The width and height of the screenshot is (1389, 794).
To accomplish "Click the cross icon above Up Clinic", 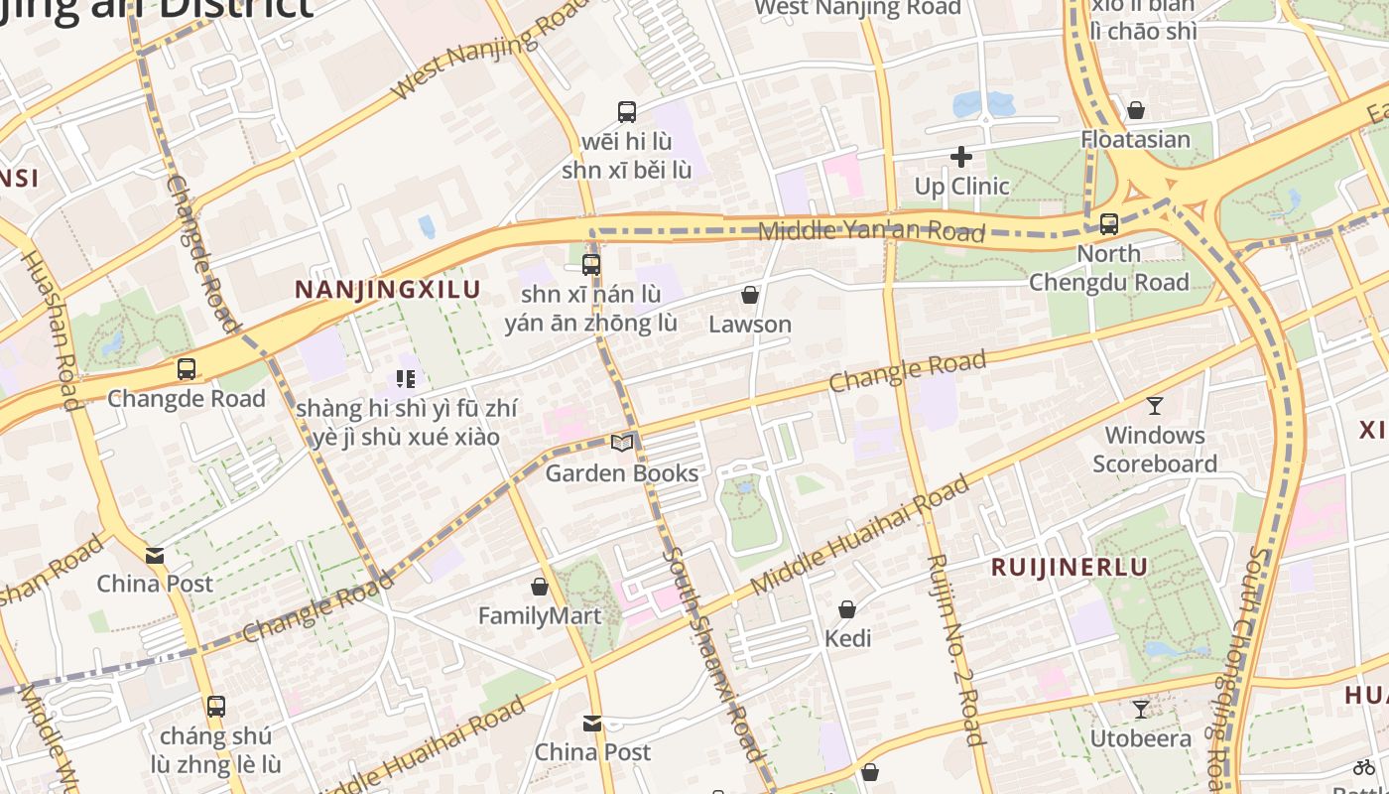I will pos(960,157).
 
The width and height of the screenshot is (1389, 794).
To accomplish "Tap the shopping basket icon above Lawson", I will pos(750,295).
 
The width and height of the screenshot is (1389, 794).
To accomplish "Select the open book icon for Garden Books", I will pos(622,443).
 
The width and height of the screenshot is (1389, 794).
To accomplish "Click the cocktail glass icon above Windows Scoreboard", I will pos(1155,405).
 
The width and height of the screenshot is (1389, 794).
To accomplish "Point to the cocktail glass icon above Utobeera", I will pos(1141,709).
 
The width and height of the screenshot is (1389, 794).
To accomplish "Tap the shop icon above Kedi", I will pos(847,608).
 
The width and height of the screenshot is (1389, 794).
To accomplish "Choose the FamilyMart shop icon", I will pos(540,587).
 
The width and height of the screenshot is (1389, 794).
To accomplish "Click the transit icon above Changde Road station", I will pos(186,369).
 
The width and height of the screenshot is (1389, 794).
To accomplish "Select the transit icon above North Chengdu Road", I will pos(1109,224).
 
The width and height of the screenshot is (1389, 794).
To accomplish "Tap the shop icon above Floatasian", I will pos(1136,109).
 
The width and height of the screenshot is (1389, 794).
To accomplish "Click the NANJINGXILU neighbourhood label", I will pos(388,290).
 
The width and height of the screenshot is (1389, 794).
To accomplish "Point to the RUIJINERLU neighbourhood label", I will pos(1071,568).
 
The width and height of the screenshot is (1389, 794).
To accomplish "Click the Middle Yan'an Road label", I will pos(871,231).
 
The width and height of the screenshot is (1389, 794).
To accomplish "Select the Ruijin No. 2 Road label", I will pos(953,649).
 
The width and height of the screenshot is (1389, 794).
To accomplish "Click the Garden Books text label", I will pos(622,473).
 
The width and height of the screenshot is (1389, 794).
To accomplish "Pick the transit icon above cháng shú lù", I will pos(215,707).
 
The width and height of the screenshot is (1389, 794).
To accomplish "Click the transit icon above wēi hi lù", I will pos(626,112).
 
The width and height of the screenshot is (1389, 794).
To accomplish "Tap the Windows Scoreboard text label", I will pos(1155,450).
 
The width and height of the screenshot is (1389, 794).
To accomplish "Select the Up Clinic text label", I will pos(961,187).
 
